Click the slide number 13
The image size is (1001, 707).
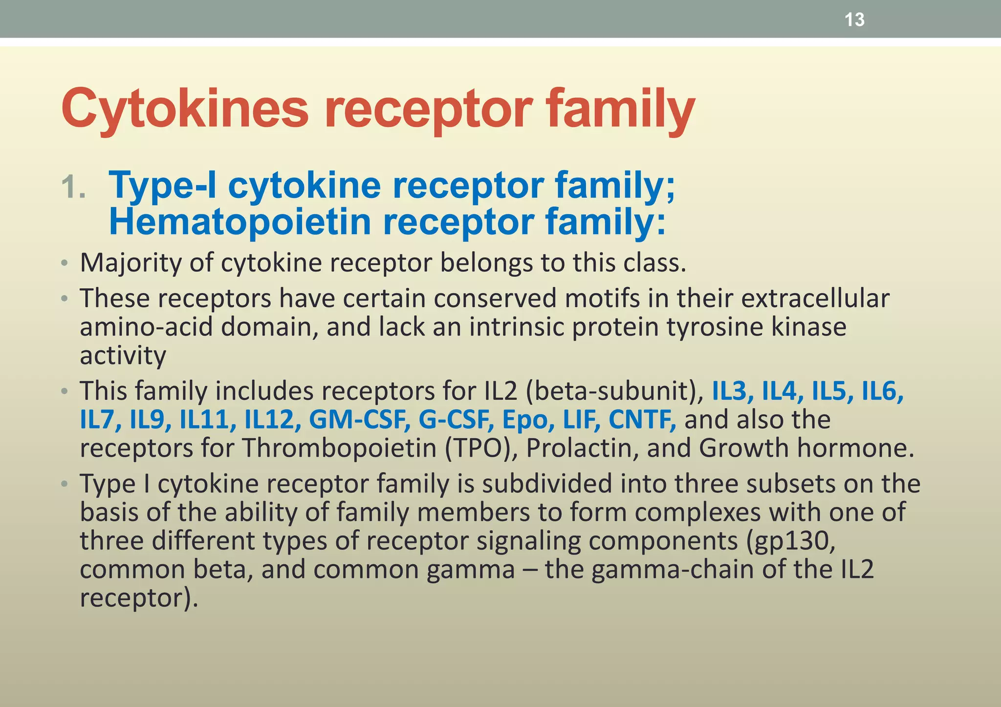[854, 20]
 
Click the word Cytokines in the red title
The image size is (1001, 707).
[185, 108]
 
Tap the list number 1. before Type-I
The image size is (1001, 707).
[73, 188]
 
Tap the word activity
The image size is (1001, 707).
[123, 355]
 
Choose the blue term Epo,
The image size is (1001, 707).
[528, 420]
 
